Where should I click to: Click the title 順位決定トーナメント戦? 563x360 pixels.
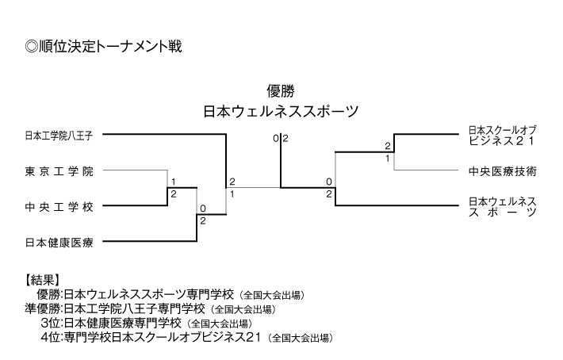coord(104,47)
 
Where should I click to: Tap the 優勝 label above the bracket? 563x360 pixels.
coord(281,90)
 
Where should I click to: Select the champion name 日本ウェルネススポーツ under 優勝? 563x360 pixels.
coord(281,111)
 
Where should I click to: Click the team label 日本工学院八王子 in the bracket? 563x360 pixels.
coord(59,136)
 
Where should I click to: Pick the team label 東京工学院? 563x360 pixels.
coord(59,171)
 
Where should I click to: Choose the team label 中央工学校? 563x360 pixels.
coord(59,207)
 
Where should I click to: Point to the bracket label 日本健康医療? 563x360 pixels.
coord(59,242)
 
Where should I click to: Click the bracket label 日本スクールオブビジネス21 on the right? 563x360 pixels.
coord(503,134)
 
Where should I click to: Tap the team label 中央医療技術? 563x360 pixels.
coord(503,170)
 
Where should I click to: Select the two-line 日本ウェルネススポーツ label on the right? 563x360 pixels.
coord(503,206)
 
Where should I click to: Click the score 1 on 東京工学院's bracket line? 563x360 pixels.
coord(173,181)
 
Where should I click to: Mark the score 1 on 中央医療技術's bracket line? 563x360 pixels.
coord(388,159)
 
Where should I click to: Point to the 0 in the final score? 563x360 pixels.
coord(275,139)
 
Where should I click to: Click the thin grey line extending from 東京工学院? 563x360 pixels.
coord(135,170)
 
